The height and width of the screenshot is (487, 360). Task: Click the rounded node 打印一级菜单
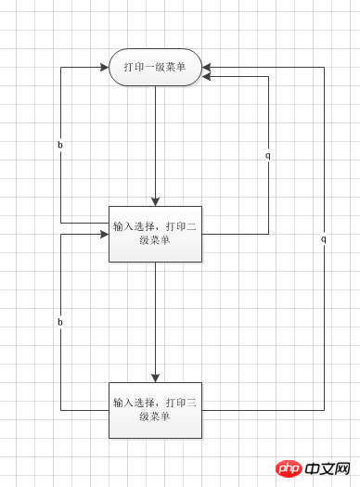click(155, 67)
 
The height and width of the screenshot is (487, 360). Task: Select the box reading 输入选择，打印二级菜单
click(155, 234)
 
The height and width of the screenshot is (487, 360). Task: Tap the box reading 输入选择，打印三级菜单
click(155, 410)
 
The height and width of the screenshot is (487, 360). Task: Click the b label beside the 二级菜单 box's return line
click(60, 146)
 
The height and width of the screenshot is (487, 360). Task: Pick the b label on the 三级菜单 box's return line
click(60, 322)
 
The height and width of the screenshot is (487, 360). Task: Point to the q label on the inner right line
click(268, 155)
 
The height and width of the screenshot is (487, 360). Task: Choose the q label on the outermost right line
click(324, 238)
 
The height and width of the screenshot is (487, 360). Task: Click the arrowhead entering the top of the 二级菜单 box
click(155, 201)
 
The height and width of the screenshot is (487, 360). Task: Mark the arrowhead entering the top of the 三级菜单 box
click(155, 378)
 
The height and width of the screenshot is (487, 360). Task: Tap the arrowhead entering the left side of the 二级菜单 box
click(104, 234)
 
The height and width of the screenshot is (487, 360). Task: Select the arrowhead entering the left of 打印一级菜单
click(104, 67)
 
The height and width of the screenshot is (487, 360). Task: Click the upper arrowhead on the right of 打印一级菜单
click(207, 67)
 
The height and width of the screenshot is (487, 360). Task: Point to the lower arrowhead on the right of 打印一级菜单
click(207, 76)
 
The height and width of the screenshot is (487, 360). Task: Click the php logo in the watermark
click(291, 468)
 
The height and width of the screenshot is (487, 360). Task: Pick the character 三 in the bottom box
click(190, 404)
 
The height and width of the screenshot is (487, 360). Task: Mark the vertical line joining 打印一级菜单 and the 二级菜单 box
click(155, 139)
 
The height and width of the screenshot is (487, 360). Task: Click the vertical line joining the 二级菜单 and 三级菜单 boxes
click(155, 315)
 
